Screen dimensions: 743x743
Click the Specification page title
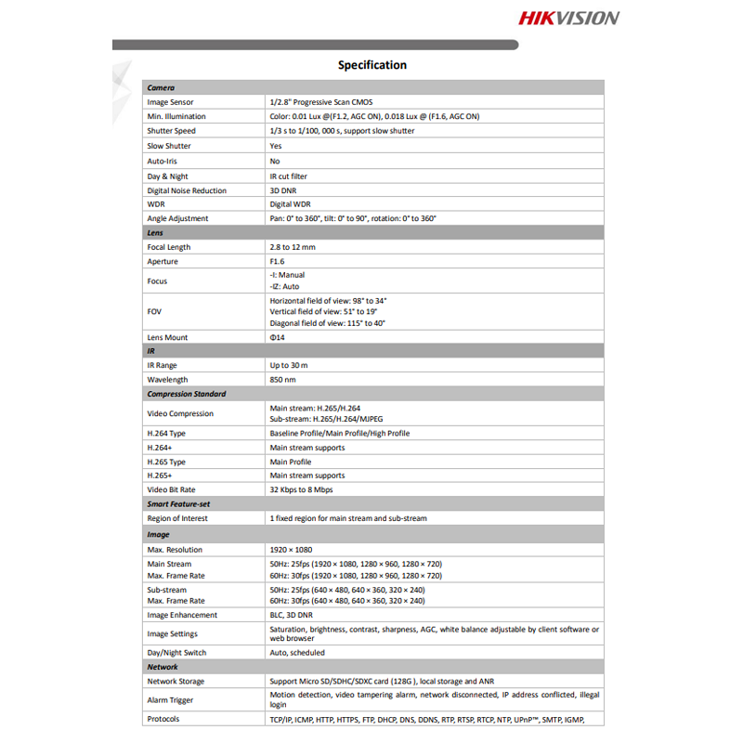(371, 65)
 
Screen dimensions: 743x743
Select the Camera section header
(161, 87)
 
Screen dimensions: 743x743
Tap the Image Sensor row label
(170, 102)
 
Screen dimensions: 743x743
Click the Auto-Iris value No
(275, 161)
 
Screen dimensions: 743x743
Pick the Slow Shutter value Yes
(276, 146)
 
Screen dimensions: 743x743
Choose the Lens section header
(155, 233)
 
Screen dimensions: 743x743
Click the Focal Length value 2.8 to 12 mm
(293, 247)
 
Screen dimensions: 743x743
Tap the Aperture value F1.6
(278, 262)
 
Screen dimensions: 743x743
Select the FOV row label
(154, 312)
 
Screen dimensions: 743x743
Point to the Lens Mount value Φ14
(278, 338)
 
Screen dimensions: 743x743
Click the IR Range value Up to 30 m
(289, 366)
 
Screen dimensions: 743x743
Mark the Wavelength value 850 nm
(282, 380)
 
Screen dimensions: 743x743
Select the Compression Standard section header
(186, 394)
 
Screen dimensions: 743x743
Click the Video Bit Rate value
(301, 489)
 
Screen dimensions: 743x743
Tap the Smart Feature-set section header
(179, 503)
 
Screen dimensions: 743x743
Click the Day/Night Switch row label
(176, 653)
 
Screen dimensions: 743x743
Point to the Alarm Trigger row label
(170, 700)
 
